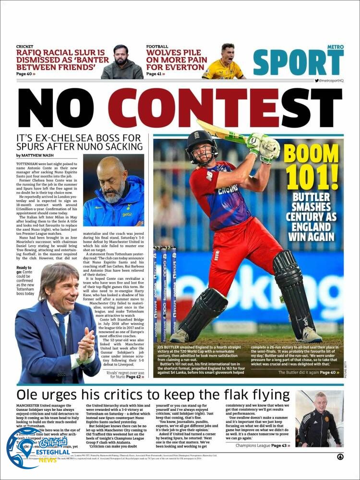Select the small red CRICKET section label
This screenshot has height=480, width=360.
[24, 47]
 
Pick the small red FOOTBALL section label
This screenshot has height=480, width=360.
[157, 47]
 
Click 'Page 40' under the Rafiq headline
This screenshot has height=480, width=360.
[25, 74]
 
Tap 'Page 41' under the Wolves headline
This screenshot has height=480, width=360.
[155, 74]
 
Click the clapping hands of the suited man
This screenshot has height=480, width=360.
[87, 343]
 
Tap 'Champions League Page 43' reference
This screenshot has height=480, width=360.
[263, 445]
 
